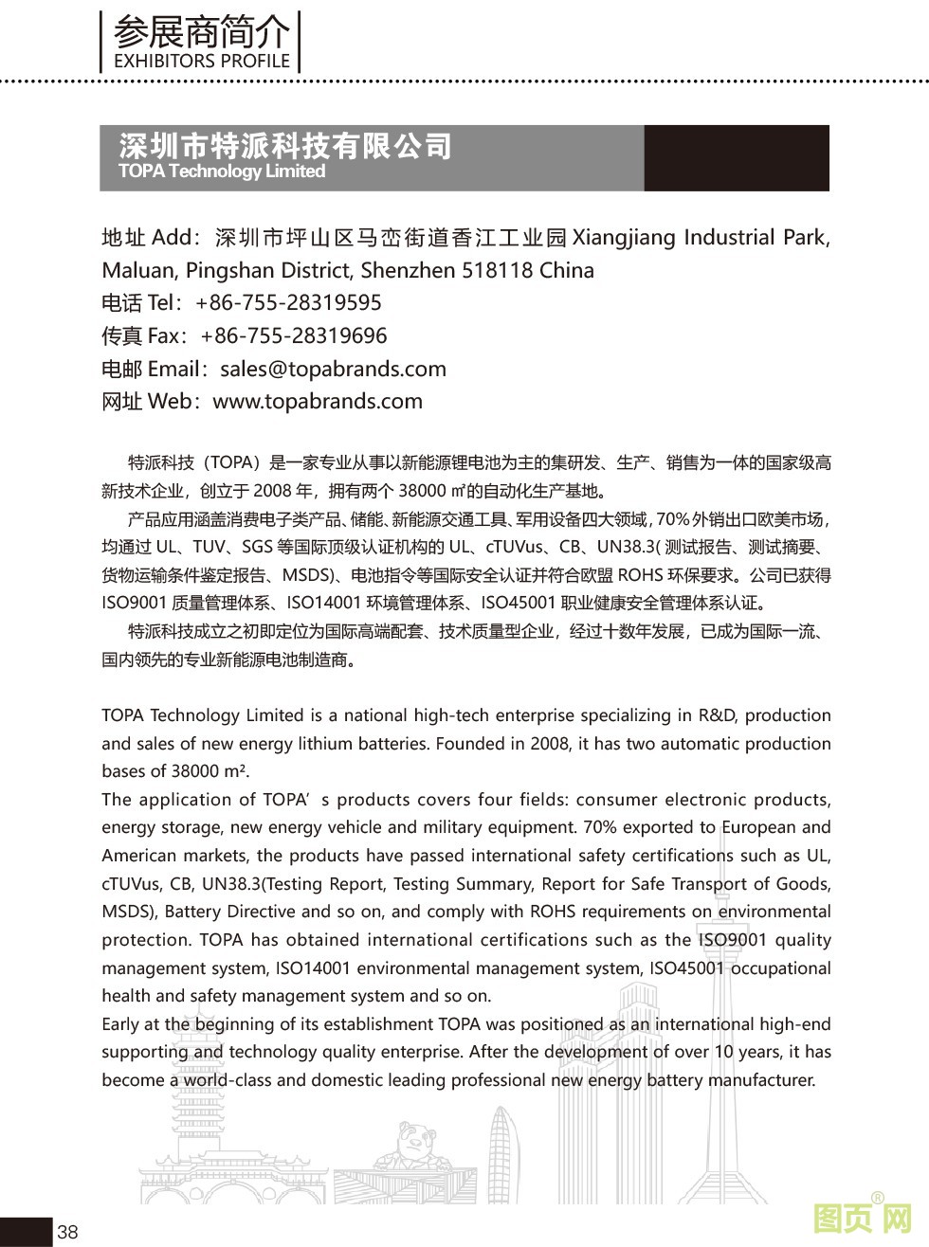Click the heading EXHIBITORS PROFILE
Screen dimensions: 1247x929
coord(202,62)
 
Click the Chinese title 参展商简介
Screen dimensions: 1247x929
coord(202,32)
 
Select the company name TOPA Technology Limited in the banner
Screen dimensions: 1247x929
coord(222,172)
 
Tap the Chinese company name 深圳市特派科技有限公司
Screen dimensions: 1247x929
coord(285,146)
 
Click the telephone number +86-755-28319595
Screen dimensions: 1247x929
coord(288,303)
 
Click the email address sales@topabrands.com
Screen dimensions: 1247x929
coord(333,369)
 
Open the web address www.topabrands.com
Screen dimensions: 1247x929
coord(318,402)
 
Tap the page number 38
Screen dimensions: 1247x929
coord(67,1232)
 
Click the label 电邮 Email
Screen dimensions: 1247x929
coord(150,369)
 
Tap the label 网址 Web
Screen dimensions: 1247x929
coord(146,402)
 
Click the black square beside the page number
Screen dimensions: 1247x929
coord(25,1232)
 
